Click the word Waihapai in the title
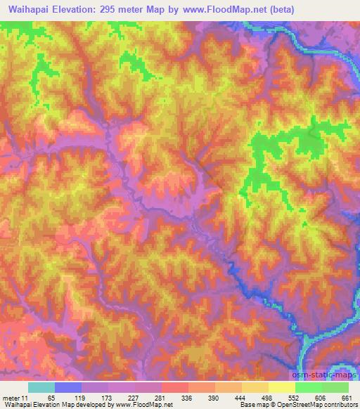tap(27, 10)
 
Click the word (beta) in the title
tap(278, 10)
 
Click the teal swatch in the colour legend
tap(41, 387)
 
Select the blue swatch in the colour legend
tap(68, 387)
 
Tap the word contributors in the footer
tap(340, 405)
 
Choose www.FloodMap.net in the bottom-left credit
tap(147, 405)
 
